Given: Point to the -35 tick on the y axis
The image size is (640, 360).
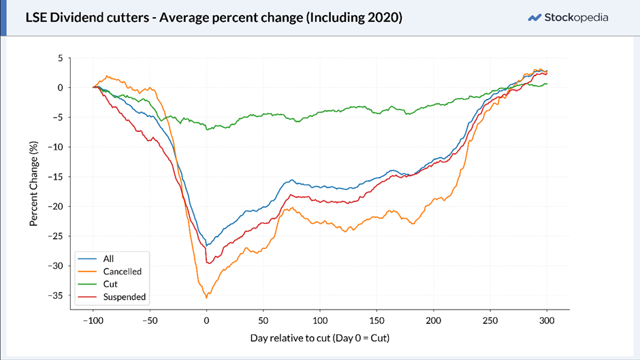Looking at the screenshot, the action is coord(56,295).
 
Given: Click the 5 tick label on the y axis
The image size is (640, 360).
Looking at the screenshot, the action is coord(61,58).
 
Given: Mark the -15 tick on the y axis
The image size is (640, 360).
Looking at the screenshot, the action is coord(56,177).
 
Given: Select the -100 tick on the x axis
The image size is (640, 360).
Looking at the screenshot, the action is coord(93,321).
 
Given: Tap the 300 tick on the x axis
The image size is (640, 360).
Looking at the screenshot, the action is coord(547,321).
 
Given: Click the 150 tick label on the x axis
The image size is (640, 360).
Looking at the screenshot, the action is coord(377,321).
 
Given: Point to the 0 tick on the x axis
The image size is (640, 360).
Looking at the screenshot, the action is coord(206,321).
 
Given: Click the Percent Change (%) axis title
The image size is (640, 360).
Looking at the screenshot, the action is coord(33,184).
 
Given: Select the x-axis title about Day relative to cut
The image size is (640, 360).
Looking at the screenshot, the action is coord(320,338).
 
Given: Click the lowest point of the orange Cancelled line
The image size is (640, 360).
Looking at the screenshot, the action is coord(206,298).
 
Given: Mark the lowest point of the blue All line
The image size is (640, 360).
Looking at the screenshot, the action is coord(207,246).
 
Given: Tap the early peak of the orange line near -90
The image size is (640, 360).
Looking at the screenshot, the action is coord(107,76).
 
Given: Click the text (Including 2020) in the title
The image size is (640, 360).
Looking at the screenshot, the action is coord(354,18).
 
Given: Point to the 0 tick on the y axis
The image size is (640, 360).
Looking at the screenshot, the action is coord(61,88).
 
